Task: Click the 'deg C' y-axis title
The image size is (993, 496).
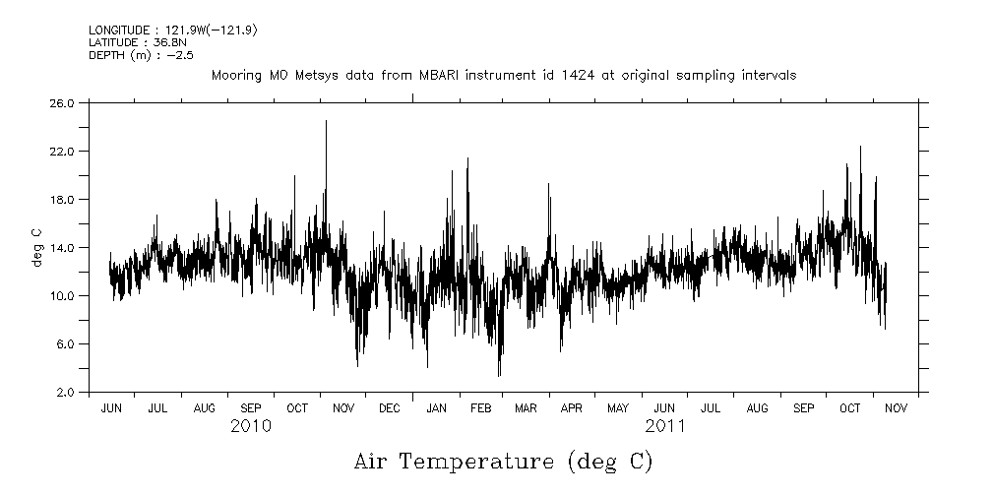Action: tap(36, 247)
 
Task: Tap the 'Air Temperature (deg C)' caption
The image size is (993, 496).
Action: tap(503, 461)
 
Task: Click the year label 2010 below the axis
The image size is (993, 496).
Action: tap(251, 426)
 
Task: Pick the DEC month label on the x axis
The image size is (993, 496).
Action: tap(389, 407)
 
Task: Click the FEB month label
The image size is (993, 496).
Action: tap(480, 407)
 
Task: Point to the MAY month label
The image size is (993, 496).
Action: tap(618, 407)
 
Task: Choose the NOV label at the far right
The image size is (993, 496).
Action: tap(896, 407)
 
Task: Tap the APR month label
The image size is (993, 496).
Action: tap(572, 407)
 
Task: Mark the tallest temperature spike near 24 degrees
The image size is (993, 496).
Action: tap(326, 122)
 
